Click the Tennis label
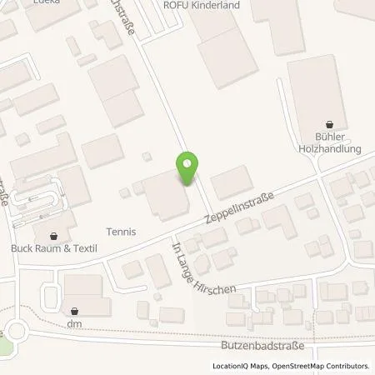pyautogui.click(x=120, y=232)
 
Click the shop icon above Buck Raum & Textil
pyautogui.click(x=54, y=236)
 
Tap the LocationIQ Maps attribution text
pyautogui.click(x=242, y=366)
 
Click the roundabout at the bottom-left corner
pyautogui.click(x=12, y=332)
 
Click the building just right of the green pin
pyautogui.click(x=232, y=181)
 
